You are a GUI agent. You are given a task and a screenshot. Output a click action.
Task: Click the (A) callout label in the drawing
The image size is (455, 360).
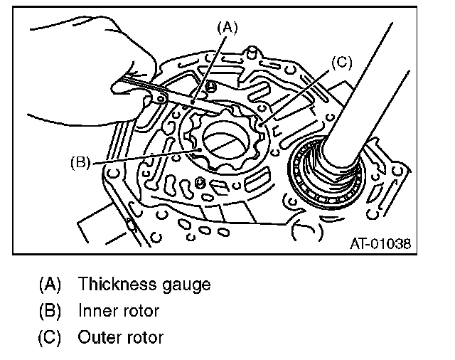227,28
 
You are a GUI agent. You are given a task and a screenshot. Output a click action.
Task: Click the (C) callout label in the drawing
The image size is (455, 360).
341,63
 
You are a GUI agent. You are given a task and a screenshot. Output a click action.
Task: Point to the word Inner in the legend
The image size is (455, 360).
98,311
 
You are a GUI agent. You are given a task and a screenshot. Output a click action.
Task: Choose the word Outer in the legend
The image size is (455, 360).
100,337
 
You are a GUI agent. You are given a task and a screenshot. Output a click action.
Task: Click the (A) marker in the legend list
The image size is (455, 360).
50,285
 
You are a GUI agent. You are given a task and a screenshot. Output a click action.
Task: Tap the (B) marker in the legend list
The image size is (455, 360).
50,311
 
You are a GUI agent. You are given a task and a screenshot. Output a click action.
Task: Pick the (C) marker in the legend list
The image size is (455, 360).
50,337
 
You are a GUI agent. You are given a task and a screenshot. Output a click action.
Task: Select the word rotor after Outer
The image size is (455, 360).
145,337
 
